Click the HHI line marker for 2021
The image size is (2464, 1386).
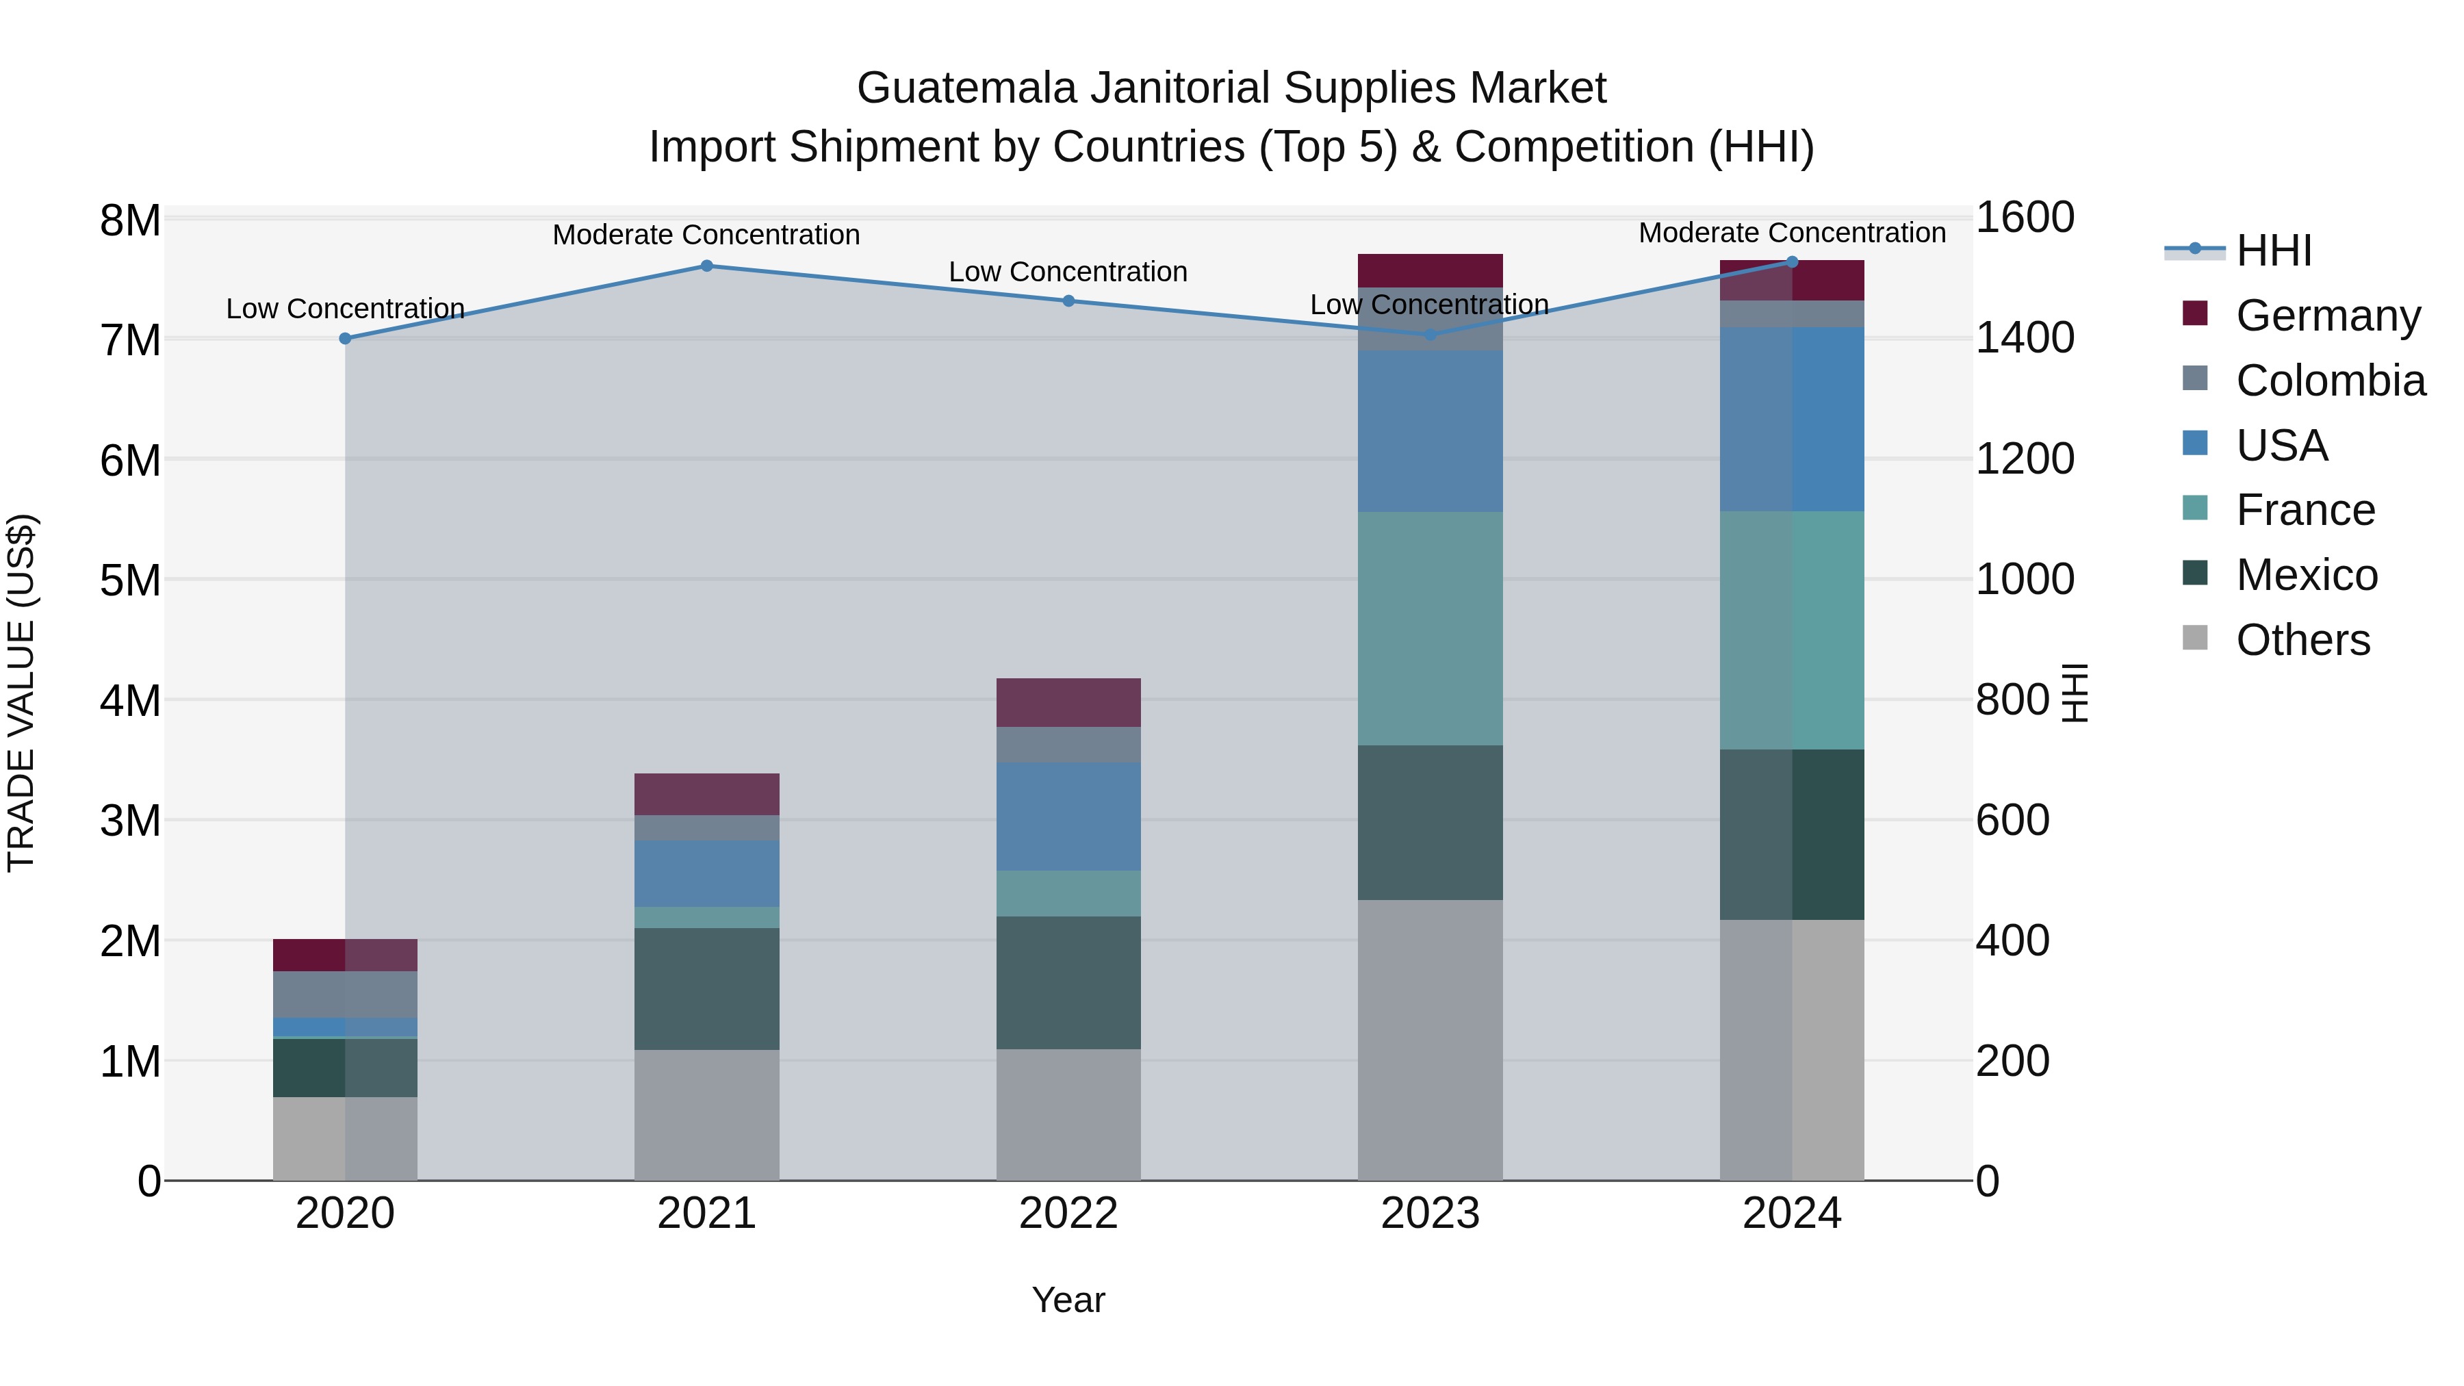point(707,266)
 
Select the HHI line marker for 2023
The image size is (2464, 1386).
point(1430,335)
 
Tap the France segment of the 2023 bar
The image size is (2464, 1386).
point(1430,628)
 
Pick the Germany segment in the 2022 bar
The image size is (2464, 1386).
point(1068,703)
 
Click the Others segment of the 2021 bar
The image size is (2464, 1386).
point(707,1116)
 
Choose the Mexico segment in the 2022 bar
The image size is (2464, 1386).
point(1068,984)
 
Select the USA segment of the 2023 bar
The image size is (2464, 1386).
point(1430,431)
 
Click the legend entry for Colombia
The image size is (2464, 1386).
point(2330,381)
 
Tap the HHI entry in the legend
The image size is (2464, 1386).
point(2274,251)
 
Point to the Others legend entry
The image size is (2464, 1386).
point(2302,640)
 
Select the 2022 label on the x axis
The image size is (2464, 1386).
point(1068,1214)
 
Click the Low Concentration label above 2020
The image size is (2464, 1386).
point(346,309)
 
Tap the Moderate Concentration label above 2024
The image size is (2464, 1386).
point(1792,233)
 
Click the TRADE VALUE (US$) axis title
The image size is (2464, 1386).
point(21,693)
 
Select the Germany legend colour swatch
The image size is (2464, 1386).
point(2195,313)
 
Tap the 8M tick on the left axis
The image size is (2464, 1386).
point(130,221)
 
